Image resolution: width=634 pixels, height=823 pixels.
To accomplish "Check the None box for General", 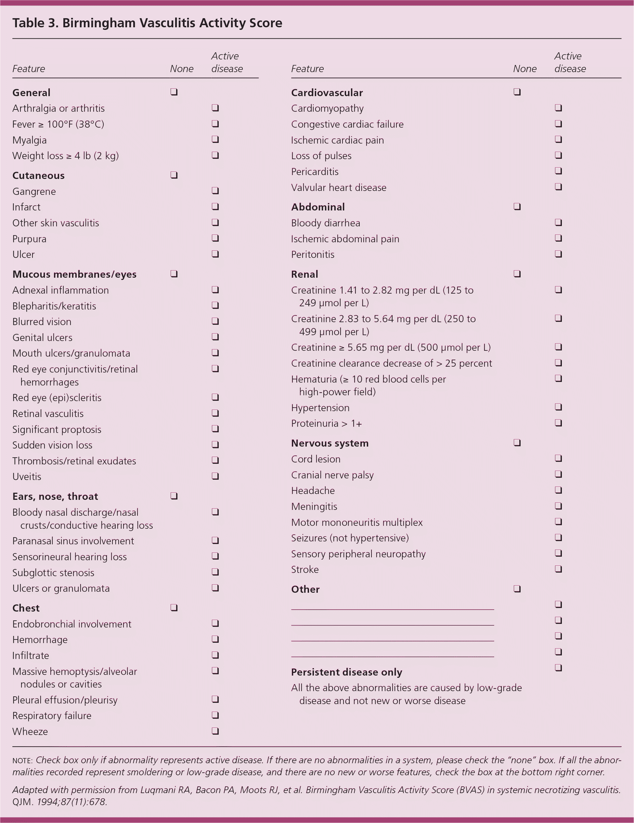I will coord(174,92).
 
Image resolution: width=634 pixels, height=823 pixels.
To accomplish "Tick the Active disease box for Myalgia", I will coord(215,139).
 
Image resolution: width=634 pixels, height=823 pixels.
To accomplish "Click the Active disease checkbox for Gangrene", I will coord(215,191).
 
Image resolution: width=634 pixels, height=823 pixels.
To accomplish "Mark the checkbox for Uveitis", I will coord(215,476).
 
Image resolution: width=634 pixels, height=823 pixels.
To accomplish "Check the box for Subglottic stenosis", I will coord(215,572).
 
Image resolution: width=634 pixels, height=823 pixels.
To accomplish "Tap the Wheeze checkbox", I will coord(215,731).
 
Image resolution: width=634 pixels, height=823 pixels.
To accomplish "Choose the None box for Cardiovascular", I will coord(517,92).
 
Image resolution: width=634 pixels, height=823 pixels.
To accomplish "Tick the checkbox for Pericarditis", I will coord(559,171).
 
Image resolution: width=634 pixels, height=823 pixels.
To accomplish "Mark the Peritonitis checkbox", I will coord(559,254).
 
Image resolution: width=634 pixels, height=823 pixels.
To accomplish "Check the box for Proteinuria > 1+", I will coord(559,423).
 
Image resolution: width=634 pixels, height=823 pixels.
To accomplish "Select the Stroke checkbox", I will coord(559,569).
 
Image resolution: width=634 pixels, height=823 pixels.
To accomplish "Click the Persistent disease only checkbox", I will coord(559,668).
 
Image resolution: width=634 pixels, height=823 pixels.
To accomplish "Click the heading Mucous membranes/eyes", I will coord(74,274).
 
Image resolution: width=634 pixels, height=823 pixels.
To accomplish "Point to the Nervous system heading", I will coord(330,443).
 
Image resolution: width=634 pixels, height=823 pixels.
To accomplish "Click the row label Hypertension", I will coord(320,408).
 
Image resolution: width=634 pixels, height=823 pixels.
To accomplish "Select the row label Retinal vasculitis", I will coord(48,413).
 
